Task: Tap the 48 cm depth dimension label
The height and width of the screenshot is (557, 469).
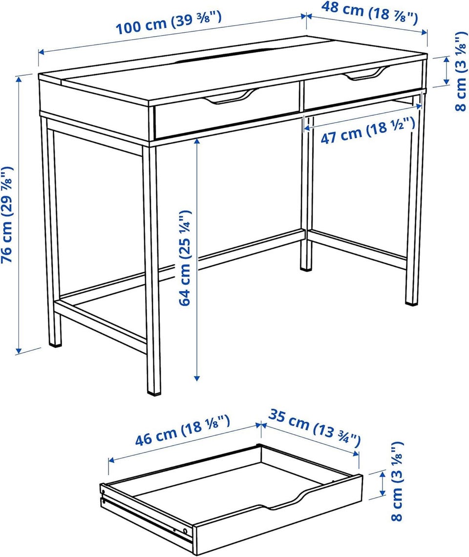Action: pos(370,13)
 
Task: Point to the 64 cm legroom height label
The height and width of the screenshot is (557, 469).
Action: pos(185,257)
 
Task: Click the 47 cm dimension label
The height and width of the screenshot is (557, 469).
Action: pos(368,130)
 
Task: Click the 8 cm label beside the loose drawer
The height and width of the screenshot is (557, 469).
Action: pos(398,481)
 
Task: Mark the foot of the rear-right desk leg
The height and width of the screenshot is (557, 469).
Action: pos(412,302)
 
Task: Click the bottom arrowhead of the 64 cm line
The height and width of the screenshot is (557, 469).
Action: pos(197,378)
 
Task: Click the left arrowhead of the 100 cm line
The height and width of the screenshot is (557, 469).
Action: pos(41,52)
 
